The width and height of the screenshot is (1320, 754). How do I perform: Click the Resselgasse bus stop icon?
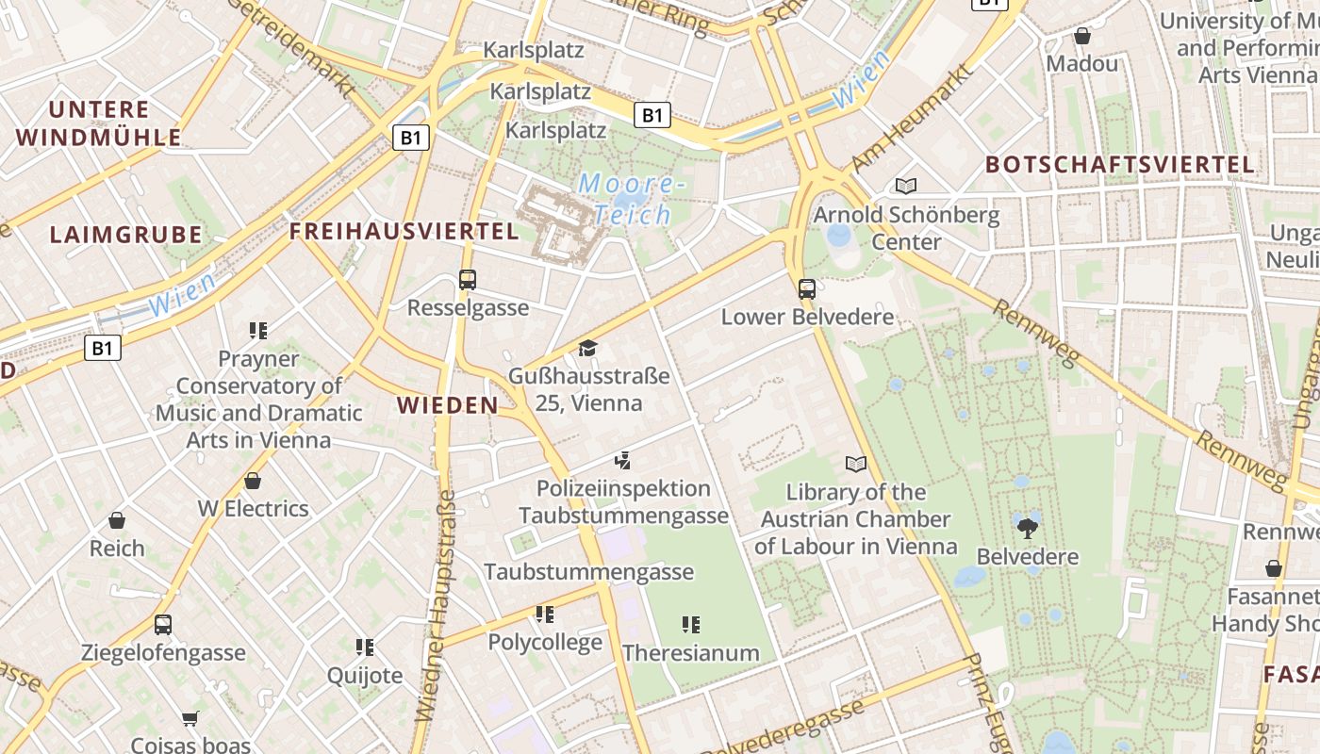pyautogui.click(x=467, y=279)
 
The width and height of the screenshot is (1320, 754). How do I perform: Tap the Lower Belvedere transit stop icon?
pyautogui.click(x=806, y=288)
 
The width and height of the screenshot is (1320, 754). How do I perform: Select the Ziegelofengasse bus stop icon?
pyautogui.click(x=163, y=624)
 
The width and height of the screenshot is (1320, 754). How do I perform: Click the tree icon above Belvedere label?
pyautogui.click(x=1027, y=527)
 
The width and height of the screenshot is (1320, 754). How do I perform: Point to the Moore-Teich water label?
pyautogui.click(x=626, y=198)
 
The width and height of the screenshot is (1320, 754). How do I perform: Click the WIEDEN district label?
pyautogui.click(x=447, y=405)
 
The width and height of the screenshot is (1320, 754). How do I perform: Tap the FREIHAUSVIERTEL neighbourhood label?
pyautogui.click(x=404, y=231)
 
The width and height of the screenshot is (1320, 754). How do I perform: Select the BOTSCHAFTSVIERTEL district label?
pyautogui.click(x=1120, y=164)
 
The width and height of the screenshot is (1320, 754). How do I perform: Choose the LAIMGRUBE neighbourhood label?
pyautogui.click(x=125, y=235)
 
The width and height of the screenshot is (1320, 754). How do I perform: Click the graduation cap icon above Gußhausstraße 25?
pyautogui.click(x=588, y=348)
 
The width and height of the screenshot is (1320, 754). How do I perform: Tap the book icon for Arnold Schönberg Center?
pyautogui.click(x=905, y=186)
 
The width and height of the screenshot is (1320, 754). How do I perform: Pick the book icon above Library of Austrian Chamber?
pyautogui.click(x=855, y=464)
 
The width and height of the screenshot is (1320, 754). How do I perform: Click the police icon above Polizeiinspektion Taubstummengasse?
pyautogui.click(x=622, y=461)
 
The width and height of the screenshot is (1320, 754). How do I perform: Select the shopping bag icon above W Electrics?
pyautogui.click(x=253, y=481)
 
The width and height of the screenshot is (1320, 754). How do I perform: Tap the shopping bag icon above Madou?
pyautogui.click(x=1081, y=36)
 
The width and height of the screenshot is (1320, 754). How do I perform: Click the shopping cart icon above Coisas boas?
pyautogui.click(x=190, y=718)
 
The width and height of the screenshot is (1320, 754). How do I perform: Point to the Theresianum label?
pyautogui.click(x=690, y=652)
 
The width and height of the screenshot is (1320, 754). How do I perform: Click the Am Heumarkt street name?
pyautogui.click(x=911, y=118)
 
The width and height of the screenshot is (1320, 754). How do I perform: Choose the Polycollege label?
pyautogui.click(x=544, y=643)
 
